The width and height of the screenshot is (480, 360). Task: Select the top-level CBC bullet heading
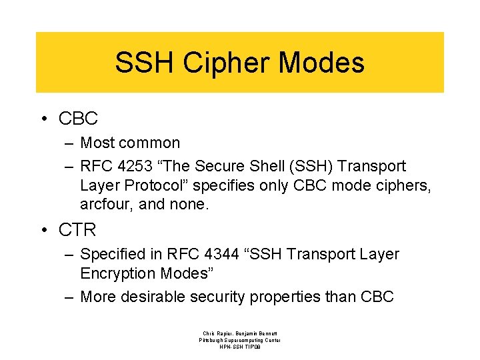pyautogui.click(x=78, y=119)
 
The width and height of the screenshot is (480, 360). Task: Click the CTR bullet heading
pyautogui.click(x=77, y=230)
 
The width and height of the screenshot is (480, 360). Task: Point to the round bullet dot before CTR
pyautogui.click(x=45, y=230)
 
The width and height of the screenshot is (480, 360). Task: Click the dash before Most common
pyautogui.click(x=69, y=143)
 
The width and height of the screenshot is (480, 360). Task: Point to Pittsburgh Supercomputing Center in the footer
pyautogui.click(x=240, y=340)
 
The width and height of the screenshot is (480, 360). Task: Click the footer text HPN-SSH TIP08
pyautogui.click(x=240, y=347)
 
